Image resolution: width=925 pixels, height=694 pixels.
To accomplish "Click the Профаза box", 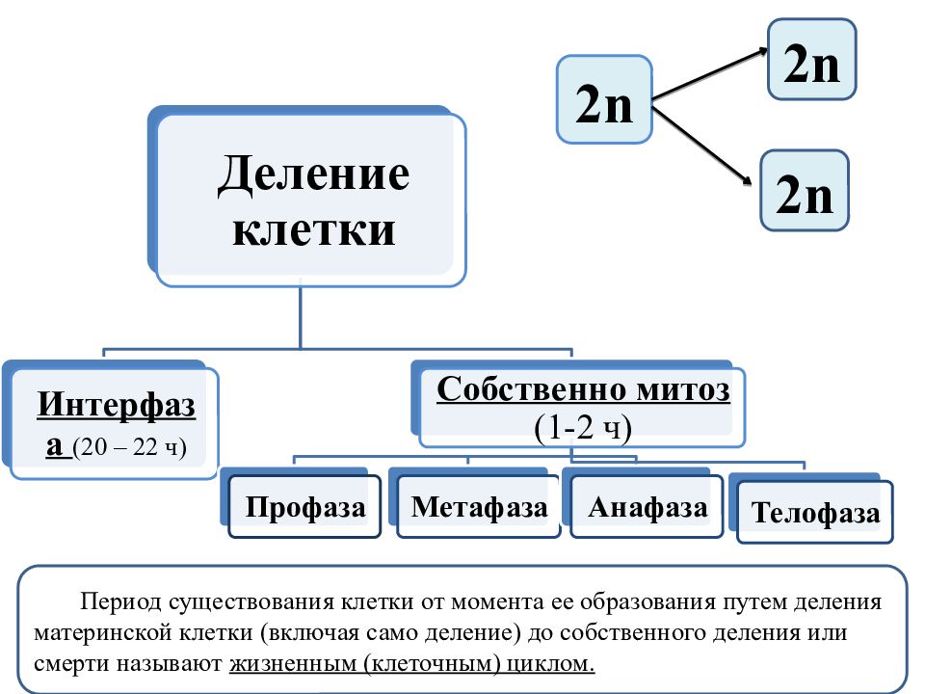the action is pyautogui.click(x=304, y=506).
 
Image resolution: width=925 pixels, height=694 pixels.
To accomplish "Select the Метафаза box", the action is pyautogui.click(x=479, y=506).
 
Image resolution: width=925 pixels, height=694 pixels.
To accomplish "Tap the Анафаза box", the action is pyautogui.click(x=647, y=506).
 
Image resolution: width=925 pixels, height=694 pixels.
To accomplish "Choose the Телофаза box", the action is pyautogui.click(x=815, y=512).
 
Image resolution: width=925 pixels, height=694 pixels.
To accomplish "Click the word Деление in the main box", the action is pyautogui.click(x=313, y=175).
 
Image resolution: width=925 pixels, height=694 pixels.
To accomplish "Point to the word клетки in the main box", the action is pyautogui.click(x=313, y=229).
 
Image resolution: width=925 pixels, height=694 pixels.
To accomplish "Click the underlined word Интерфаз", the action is pyautogui.click(x=117, y=406).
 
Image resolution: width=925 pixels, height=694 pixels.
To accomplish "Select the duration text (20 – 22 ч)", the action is pyautogui.click(x=129, y=447).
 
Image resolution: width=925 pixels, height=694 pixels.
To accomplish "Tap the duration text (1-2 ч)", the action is pyautogui.click(x=583, y=428).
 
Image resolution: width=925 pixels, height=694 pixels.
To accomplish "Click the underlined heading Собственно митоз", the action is pyautogui.click(x=584, y=389).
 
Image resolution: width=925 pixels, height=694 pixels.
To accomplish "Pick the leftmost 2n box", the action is pyautogui.click(x=604, y=99).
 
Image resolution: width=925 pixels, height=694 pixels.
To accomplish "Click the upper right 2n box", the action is pyautogui.click(x=811, y=59).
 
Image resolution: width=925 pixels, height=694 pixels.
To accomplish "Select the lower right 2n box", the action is pyautogui.click(x=804, y=190).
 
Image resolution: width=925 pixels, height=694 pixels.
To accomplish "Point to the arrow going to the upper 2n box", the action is pyautogui.click(x=710, y=74).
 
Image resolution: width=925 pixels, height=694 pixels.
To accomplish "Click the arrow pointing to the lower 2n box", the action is pyautogui.click(x=702, y=146).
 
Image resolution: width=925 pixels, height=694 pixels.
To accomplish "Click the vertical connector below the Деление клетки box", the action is pyautogui.click(x=301, y=318).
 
